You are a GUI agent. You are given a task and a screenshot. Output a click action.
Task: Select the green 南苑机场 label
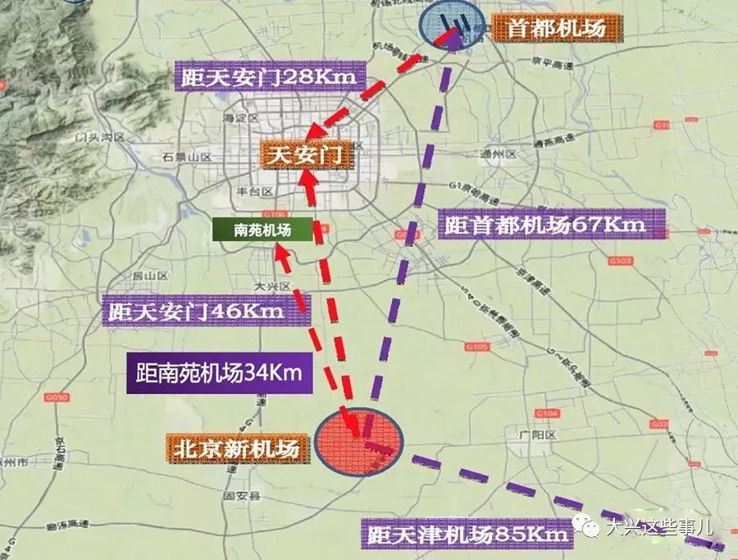pyautogui.click(x=262, y=230)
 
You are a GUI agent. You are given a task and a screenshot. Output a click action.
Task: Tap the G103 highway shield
pyautogui.click(x=621, y=261)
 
